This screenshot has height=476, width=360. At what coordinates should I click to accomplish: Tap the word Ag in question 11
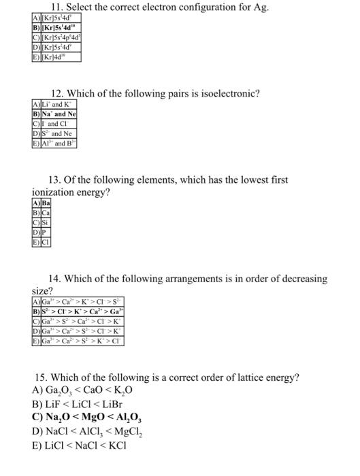[x=260, y=7]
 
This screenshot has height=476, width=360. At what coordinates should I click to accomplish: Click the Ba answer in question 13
[x=46, y=203]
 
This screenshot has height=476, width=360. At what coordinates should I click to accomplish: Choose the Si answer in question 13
[x=46, y=222]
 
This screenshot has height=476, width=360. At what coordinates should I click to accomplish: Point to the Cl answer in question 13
[x=46, y=241]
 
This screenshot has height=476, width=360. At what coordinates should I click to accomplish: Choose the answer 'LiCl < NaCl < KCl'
[x=89, y=445]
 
